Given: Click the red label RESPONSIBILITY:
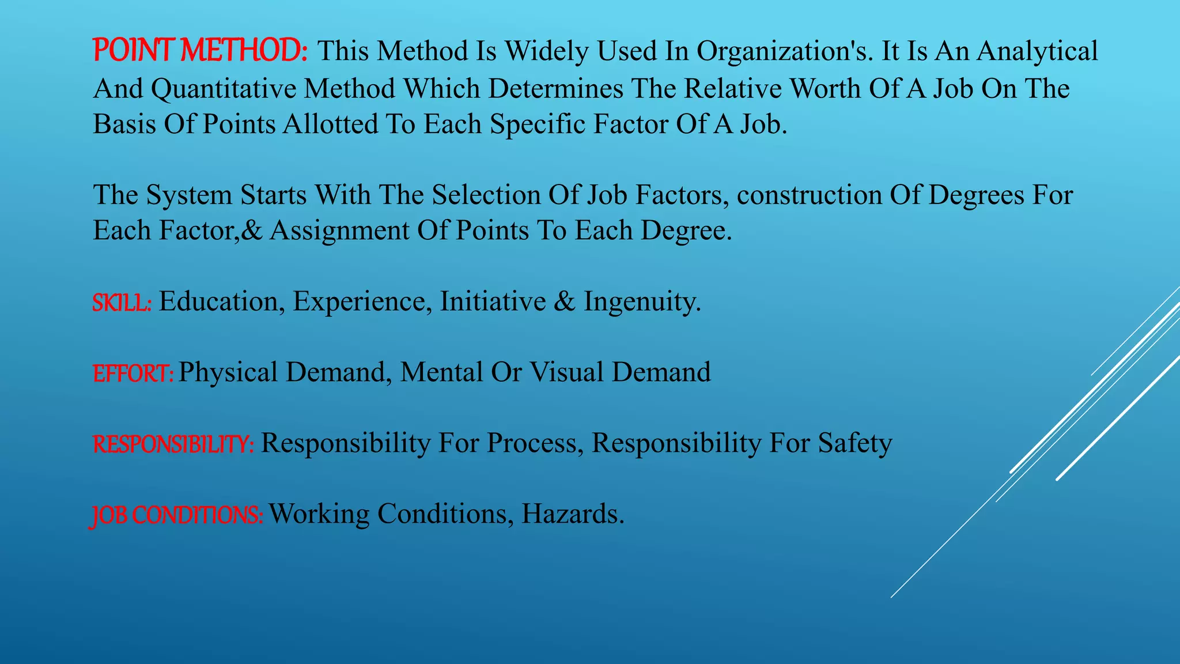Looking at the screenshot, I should click(173, 444).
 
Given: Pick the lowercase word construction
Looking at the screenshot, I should click(809, 195).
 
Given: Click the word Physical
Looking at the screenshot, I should click(228, 373).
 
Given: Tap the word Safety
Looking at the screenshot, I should click(855, 444).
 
